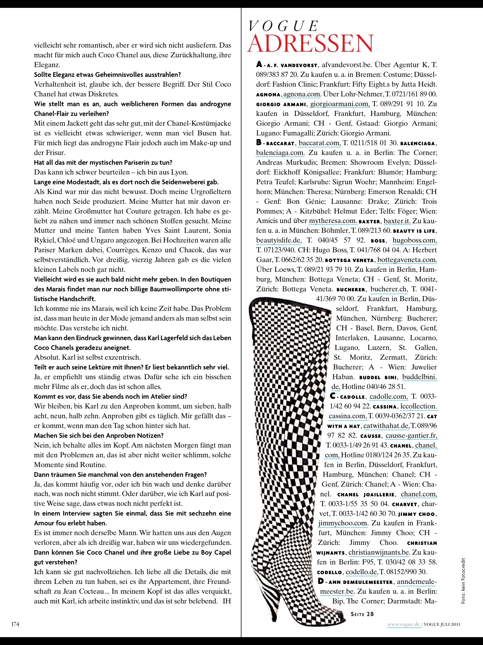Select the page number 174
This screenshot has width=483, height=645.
pyautogui.click(x=15, y=624)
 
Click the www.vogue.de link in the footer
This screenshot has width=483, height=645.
pyautogui.click(x=404, y=624)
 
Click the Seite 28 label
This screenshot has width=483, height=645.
pyautogui.click(x=362, y=614)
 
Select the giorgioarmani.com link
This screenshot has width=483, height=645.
pyautogui.click(x=339, y=104)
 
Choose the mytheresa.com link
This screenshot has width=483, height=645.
pyautogui.click(x=333, y=221)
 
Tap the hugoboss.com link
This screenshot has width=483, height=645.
pyautogui.click(x=415, y=241)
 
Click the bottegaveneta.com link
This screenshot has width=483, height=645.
pyautogui.click(x=407, y=260)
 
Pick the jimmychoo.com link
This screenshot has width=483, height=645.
pyautogui.click(x=343, y=523)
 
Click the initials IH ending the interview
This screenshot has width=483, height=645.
pyautogui.click(x=227, y=601)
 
